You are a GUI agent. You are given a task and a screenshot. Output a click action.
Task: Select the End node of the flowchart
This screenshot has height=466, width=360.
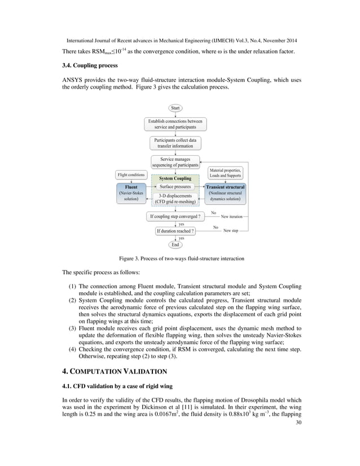pos(175,245)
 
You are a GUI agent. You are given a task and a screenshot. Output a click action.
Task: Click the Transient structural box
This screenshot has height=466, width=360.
pos(225,194)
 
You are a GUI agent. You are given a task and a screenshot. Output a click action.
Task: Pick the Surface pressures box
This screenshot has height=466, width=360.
pos(175,186)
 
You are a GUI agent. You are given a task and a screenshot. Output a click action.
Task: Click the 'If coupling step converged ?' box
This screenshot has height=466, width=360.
pos(175,216)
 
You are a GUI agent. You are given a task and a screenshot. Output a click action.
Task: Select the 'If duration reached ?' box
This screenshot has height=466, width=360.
pos(175,231)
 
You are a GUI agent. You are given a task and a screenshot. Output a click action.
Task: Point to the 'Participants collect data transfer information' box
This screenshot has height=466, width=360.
pos(176,143)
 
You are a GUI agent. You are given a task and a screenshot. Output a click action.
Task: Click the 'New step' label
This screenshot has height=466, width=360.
pos(230,231)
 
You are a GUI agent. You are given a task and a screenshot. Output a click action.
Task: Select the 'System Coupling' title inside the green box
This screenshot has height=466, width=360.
pos(175,178)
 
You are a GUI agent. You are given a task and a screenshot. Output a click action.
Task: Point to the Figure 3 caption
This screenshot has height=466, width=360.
pos(180,258)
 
